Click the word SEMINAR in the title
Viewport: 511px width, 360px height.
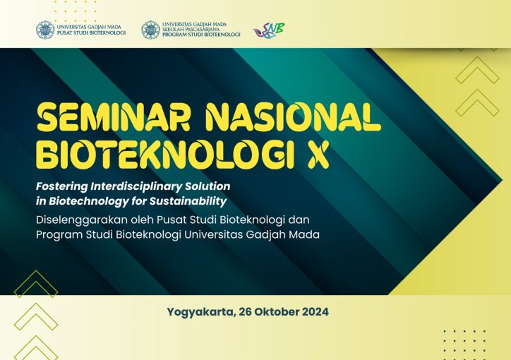113,118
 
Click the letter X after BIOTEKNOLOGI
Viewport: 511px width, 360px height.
318,155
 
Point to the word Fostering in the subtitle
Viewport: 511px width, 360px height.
62,186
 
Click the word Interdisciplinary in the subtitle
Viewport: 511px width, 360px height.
136,186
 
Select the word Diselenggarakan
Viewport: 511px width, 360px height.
82,220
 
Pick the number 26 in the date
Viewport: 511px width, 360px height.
245,312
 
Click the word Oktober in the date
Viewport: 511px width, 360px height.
277,312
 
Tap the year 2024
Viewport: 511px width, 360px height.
315,312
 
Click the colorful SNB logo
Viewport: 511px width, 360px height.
269,30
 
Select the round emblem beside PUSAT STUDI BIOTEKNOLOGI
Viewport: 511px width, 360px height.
45,30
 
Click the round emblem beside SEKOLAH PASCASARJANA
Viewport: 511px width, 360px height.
150,30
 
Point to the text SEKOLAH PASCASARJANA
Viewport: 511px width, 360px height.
191,30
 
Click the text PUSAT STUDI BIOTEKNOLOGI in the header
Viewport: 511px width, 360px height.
91,32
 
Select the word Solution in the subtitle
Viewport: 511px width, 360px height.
208,186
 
